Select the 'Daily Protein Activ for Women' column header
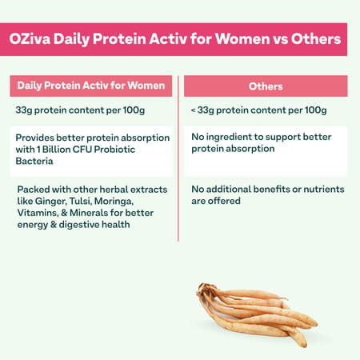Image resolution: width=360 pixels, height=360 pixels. tap(91, 86)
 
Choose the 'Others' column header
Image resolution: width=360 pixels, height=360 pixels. tap(265, 86)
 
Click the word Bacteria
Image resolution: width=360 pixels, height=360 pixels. tap(37, 160)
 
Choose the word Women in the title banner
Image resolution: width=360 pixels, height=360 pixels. tap(233, 38)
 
